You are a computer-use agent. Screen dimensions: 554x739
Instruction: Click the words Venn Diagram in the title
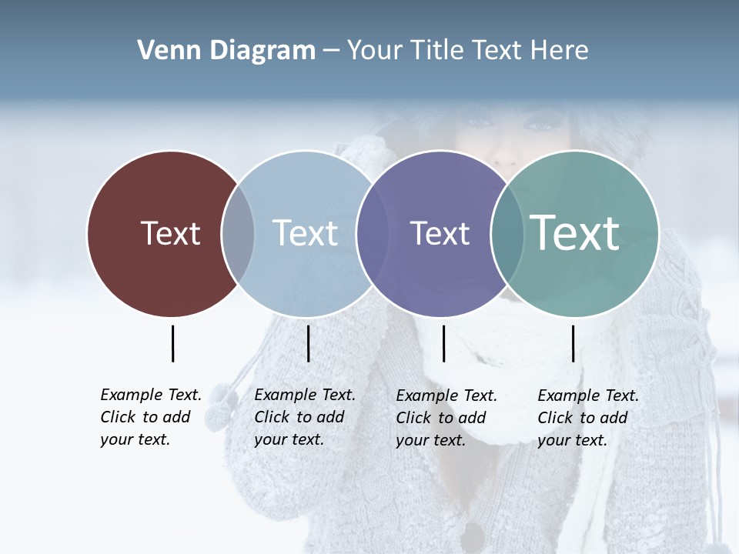click(226, 51)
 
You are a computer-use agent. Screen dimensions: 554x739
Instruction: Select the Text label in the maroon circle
click(170, 233)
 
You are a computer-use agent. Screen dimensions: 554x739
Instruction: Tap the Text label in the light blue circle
click(305, 233)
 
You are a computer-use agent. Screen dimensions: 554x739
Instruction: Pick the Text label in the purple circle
click(440, 233)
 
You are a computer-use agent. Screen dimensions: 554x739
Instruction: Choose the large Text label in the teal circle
click(575, 232)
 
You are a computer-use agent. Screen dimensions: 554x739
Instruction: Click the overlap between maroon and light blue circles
click(238, 234)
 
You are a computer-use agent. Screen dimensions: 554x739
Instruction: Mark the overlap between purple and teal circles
click(505, 234)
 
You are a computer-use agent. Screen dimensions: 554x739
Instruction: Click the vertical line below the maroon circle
click(172, 343)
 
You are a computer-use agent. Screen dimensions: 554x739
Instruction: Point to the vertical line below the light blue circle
click(308, 343)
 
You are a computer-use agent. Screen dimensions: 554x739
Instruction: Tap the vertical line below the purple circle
click(443, 343)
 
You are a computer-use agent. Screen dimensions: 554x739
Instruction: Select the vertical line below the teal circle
click(573, 343)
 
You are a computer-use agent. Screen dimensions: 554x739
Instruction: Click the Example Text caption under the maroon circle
click(151, 417)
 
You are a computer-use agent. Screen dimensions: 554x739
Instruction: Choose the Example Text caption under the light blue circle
click(305, 417)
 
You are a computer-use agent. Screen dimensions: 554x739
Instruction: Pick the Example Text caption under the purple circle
click(446, 418)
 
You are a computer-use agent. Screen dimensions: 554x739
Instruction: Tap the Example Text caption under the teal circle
click(588, 418)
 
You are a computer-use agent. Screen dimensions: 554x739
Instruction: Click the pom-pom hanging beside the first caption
click(222, 403)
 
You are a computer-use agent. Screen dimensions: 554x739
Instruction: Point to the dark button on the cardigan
click(471, 536)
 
